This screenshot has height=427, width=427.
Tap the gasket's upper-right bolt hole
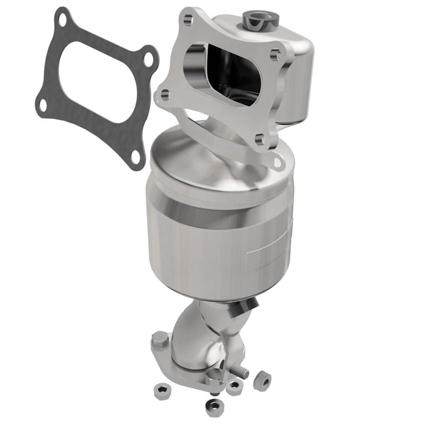click(x=146, y=60)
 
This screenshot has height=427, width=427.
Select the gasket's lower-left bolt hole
click(x=42, y=104)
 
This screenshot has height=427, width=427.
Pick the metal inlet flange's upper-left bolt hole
click(x=187, y=21)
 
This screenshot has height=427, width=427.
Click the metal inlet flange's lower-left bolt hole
click(x=163, y=95)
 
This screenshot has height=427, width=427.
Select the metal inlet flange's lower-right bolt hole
click(x=259, y=139)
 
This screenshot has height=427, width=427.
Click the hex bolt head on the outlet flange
click(x=160, y=339)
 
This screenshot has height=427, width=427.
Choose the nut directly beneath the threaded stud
click(x=234, y=386)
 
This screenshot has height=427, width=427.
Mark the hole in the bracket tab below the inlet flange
click(x=278, y=162)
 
